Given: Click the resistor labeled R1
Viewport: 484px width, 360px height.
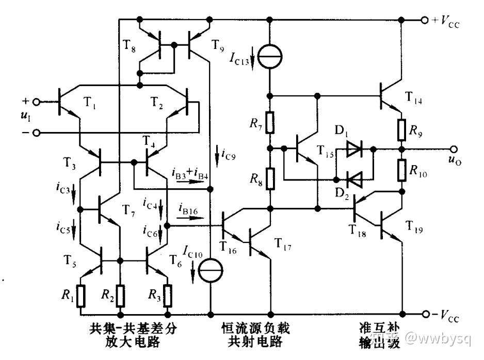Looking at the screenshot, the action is pyautogui.click(x=80, y=296).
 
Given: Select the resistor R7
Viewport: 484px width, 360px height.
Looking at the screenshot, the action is pyautogui.click(x=270, y=122).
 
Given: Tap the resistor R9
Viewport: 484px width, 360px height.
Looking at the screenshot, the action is pyautogui.click(x=401, y=129).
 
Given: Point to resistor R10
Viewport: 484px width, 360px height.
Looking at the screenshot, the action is pyautogui.click(x=401, y=170).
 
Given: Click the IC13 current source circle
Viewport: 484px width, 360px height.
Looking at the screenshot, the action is pyautogui.click(x=270, y=56).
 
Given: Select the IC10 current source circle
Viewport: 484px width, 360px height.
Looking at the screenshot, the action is pyautogui.click(x=211, y=271).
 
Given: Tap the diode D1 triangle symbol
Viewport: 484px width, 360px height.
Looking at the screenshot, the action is pyautogui.click(x=354, y=149).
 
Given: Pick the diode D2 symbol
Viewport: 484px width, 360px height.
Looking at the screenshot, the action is pyautogui.click(x=354, y=179).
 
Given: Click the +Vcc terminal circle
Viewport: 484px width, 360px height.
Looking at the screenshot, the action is pyautogui.click(x=425, y=20).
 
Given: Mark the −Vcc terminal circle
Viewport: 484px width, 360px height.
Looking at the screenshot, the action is pyautogui.click(x=426, y=314).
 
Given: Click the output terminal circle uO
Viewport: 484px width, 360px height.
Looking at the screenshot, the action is pyautogui.click(x=454, y=149).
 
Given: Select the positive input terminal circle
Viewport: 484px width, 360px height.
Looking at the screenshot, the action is pyautogui.click(x=37, y=102).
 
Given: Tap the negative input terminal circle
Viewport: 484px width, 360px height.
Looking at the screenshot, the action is pyautogui.click(x=37, y=133).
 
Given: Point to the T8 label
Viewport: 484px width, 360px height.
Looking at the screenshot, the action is pyautogui.click(x=130, y=46).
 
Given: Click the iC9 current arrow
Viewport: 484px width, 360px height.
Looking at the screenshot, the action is pyautogui.click(x=217, y=156).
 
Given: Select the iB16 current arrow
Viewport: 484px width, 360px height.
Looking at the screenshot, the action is pyautogui.click(x=190, y=218).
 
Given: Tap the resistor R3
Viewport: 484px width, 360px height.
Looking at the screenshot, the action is pyautogui.click(x=168, y=296).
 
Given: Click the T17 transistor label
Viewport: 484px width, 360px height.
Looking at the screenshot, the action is pyautogui.click(x=282, y=243).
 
